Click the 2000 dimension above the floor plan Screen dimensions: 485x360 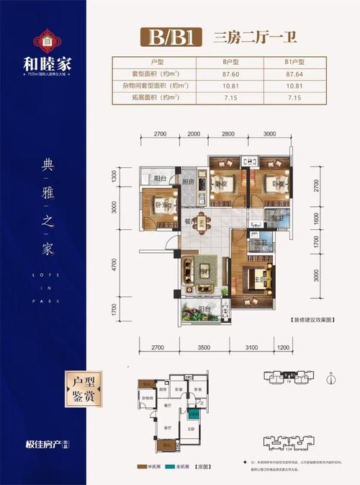194,134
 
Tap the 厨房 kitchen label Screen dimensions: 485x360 189,183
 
